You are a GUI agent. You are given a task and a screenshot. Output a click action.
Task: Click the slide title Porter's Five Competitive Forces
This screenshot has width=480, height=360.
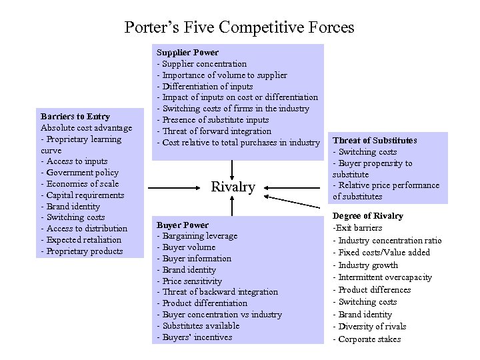pyautogui.click(x=239, y=27)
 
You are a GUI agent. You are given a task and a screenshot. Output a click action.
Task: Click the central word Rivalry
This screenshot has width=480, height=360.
pyautogui.click(x=233, y=187)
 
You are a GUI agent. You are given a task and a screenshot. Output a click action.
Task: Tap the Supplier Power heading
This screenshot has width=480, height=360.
pyautogui.click(x=187, y=52)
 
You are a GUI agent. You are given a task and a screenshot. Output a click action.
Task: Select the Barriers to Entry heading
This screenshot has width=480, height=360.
pyautogui.click(x=75, y=117)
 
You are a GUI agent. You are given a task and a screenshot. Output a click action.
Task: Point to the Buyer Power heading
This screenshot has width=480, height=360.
pyautogui.click(x=182, y=225)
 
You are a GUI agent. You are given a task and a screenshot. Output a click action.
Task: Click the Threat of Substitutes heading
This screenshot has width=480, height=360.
pyautogui.click(x=375, y=140)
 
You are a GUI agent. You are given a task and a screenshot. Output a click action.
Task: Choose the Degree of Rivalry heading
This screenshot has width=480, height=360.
pyautogui.click(x=368, y=216)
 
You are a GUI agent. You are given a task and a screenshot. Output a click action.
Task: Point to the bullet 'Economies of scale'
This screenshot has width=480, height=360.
pyautogui.click(x=83, y=184)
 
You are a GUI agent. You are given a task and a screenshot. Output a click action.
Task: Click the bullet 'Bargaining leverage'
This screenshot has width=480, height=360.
pyautogui.click(x=197, y=236)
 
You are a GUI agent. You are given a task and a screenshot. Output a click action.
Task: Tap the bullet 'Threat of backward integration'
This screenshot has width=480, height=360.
pyautogui.click(x=217, y=292)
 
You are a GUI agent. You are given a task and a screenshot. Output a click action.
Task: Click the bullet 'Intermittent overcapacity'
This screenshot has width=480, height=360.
pyautogui.click(x=382, y=277)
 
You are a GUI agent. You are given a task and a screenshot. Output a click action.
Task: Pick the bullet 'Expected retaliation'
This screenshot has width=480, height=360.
pyautogui.click(x=81, y=240)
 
